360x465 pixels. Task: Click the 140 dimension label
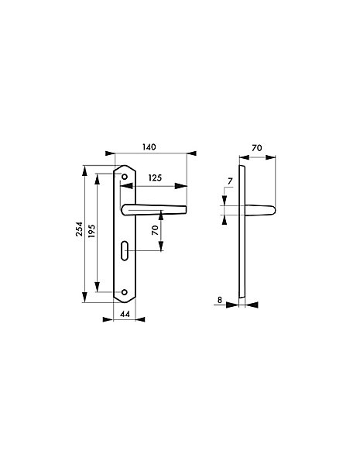click(x=149, y=147)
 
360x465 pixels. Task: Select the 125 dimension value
click(x=155, y=178)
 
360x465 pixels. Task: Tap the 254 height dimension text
click(x=79, y=229)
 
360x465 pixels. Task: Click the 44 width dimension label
click(x=125, y=314)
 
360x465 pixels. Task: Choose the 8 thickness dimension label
click(x=220, y=300)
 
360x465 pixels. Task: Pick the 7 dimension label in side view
click(x=230, y=181)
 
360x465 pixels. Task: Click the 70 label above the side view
click(x=257, y=148)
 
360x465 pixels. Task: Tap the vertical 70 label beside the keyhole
click(x=155, y=230)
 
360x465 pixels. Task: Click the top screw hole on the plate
click(x=125, y=177)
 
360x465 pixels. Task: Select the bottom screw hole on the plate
click(x=125, y=292)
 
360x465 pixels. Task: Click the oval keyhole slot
click(x=125, y=251)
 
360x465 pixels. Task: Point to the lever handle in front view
click(x=154, y=210)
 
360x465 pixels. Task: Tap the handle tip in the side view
click(x=274, y=210)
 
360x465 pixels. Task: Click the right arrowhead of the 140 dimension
click(x=191, y=153)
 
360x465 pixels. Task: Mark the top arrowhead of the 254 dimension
click(x=84, y=170)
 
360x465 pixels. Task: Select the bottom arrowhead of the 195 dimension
click(x=97, y=287)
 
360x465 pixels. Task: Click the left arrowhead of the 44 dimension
click(x=108, y=319)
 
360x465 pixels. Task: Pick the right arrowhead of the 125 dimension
click(x=181, y=186)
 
